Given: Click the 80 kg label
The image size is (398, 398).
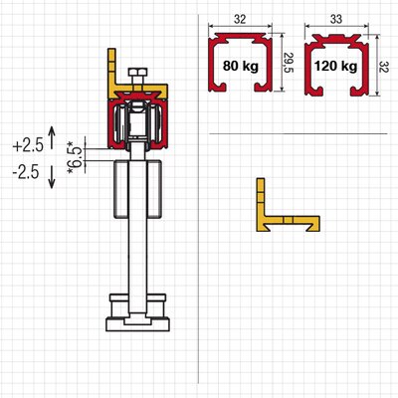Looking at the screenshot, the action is tap(241, 66).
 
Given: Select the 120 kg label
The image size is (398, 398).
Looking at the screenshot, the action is tap(336, 66).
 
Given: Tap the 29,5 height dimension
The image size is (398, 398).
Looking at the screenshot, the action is tap(289, 63).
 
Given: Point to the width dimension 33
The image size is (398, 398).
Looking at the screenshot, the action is tap(336, 19).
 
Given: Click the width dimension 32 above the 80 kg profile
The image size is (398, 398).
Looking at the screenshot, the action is tap(240, 19).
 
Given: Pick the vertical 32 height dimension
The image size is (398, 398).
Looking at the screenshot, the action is tap(388, 66).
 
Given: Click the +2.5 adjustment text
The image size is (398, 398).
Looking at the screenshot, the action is tap(28, 145).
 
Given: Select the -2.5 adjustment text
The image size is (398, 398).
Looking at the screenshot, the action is tap(26, 172).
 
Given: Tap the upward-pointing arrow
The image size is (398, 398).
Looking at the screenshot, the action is tap(52, 137).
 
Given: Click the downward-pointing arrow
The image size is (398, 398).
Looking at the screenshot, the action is tap(52, 177).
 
